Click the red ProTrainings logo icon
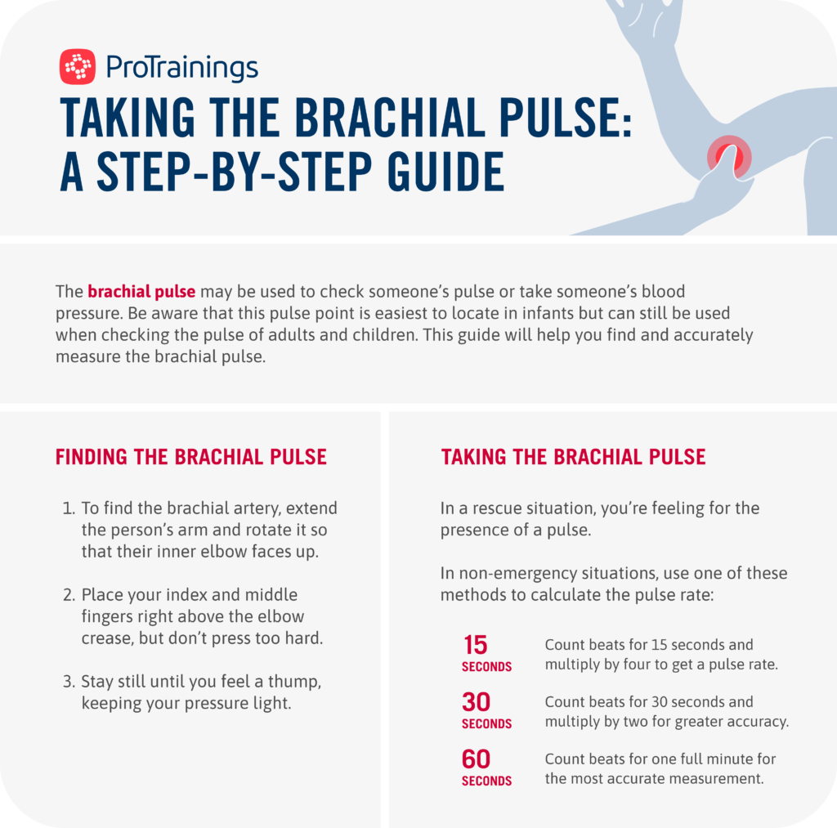click(78, 67)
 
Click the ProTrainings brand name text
click(182, 68)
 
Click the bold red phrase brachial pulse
click(141, 292)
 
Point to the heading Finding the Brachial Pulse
click(191, 457)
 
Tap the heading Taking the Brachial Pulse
click(573, 457)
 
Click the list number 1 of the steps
click(68, 508)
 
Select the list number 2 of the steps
click(69, 595)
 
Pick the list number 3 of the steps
click(69, 682)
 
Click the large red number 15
click(475, 646)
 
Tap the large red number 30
click(476, 703)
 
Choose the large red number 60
click(476, 760)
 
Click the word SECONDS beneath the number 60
click(486, 781)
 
